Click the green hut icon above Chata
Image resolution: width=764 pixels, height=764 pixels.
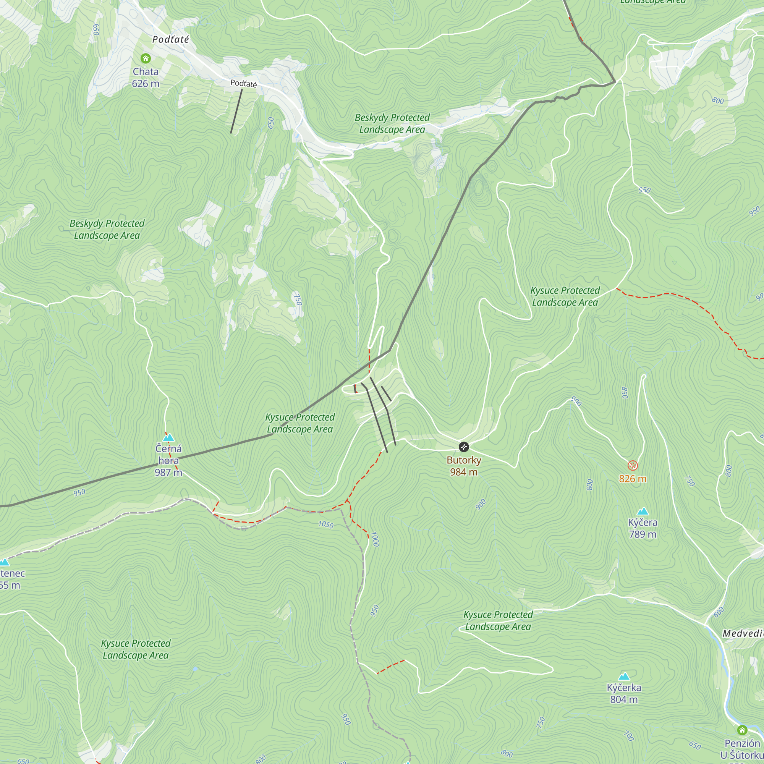146,58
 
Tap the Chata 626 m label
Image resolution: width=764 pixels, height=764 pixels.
146,78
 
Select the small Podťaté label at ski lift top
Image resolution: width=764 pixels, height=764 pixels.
244,83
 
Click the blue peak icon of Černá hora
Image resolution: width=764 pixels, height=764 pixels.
168,437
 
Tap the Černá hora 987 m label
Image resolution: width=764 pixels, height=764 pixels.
168,460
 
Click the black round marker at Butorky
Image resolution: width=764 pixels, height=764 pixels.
463,447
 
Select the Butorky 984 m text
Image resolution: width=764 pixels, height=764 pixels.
463,466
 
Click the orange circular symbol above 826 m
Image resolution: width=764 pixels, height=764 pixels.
633,465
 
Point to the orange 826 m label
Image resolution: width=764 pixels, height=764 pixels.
633,479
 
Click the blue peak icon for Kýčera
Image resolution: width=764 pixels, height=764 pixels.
643,511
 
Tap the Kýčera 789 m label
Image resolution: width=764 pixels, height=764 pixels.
643,528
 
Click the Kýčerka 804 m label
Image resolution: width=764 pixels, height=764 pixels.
624,693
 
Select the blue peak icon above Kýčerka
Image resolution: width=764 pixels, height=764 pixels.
624,676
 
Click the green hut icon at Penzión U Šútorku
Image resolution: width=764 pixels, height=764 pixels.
742,730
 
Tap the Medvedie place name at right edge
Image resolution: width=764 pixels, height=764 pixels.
743,633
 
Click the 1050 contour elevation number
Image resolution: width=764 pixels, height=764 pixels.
326,524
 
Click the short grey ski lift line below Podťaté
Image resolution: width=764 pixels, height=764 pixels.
236,111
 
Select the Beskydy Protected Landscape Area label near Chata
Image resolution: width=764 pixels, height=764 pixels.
107,229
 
